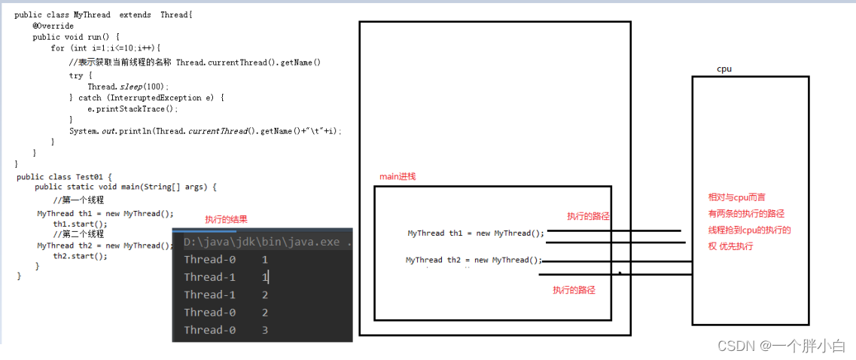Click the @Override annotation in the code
tap(53, 26)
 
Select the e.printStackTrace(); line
tap(133, 108)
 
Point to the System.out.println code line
tap(205, 131)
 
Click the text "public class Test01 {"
tap(64, 177)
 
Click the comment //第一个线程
tap(78, 200)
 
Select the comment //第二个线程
tap(78, 234)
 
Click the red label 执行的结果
tap(226, 220)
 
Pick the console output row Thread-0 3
tap(226, 330)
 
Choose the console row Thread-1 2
tap(226, 294)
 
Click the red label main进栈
tap(398, 176)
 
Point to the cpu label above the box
tap(724, 69)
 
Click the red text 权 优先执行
tap(730, 246)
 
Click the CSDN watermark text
tap(781, 346)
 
